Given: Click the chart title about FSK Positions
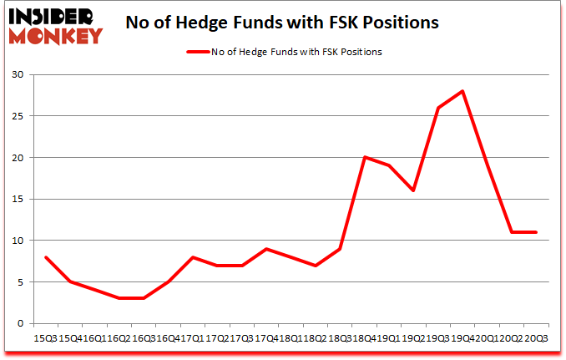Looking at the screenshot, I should pos(282,23).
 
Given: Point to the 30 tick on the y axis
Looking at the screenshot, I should pos(16,75).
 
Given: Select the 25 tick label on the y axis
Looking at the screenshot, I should pos(16,116).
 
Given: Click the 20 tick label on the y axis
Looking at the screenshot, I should pos(16,158).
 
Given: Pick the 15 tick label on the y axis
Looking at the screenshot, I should pos(16,199).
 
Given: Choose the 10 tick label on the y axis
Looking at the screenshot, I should pos(16,241).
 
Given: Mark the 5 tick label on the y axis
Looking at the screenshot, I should pos(18,281).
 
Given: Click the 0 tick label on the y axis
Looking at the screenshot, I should pos(18,323).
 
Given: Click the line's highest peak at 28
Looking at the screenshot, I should pos(462,91).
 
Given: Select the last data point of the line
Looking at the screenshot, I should pos(535,232).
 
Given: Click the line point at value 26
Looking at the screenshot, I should pos(437,108).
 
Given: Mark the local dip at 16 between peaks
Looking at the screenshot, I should pos(412,190).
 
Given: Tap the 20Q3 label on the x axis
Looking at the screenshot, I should pos(535,337).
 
